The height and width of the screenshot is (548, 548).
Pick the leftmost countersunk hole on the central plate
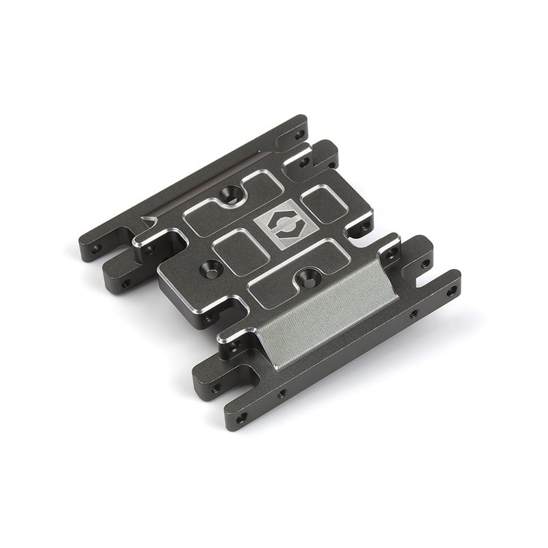pyautogui.click(x=207, y=265)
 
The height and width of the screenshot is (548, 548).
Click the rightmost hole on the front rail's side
pyautogui.click(x=413, y=315)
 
